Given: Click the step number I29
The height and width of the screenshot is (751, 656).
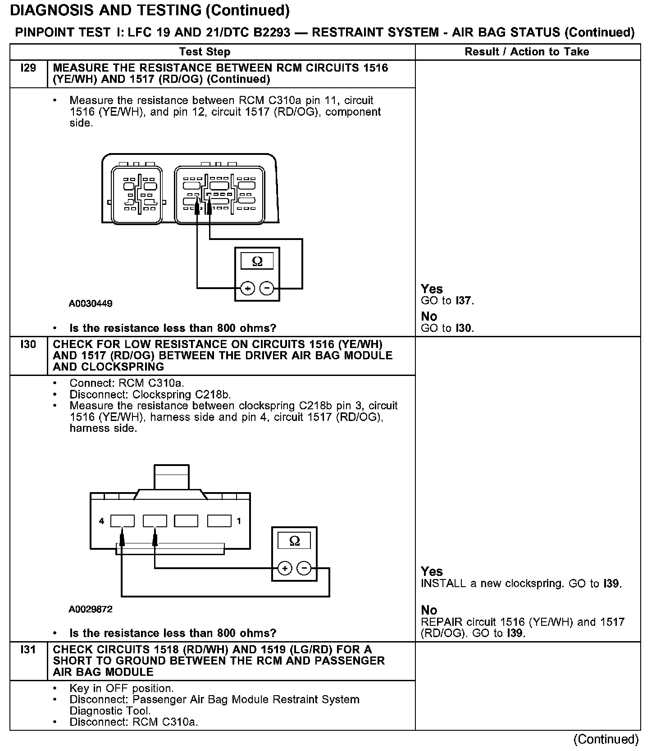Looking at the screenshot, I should coord(28,68).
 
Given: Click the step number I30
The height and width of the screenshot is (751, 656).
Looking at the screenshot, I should coord(28,344).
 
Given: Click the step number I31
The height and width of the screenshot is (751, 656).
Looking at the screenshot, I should coord(28,650).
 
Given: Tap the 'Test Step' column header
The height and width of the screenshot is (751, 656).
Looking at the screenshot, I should coord(205,52).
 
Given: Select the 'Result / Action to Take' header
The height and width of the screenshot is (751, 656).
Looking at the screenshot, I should coord(527,52).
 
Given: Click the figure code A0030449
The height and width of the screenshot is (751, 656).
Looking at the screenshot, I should coord(91,303).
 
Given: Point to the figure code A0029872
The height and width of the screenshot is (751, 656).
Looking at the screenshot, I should coord(91,609).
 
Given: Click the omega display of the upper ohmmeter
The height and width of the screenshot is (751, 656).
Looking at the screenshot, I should coord(257,262).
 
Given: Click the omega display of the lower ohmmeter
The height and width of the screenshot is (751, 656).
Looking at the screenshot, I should coord(294,541).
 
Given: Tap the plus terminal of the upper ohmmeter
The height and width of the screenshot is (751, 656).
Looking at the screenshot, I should coord(247,288).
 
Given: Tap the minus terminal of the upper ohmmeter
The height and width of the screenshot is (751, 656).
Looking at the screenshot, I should coord(267,288).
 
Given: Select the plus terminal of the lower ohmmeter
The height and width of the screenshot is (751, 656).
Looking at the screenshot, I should coord(285,569).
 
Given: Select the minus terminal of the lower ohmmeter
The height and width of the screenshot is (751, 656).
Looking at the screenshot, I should coord(305,569).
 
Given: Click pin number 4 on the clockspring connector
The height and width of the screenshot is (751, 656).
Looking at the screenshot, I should coord(101,521).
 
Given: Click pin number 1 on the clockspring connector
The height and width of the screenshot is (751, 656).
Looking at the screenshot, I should coord(239,521).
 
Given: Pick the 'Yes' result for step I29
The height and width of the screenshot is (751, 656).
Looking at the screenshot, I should coord(432,289).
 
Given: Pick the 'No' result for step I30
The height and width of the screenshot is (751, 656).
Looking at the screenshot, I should coord(429,610).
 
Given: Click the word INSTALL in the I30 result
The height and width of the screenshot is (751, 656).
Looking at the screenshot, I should coord(443,584).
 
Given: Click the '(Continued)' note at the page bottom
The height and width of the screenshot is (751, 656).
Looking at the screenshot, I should coord(606,739).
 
